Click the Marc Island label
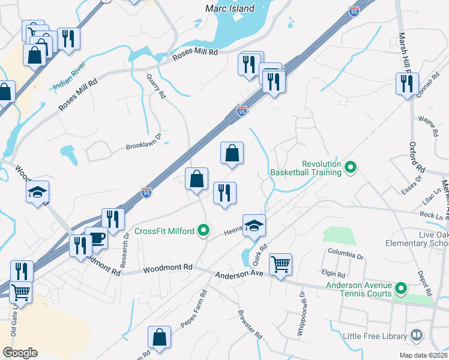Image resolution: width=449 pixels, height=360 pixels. click(x=230, y=9)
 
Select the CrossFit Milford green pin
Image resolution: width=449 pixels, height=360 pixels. click(x=204, y=230)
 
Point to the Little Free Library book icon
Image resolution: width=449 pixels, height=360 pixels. click(x=416, y=335)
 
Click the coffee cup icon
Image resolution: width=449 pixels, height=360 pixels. click(x=96, y=238)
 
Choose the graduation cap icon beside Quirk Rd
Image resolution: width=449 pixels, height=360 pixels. click(x=254, y=226)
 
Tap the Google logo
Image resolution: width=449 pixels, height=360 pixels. click(x=20, y=353)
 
